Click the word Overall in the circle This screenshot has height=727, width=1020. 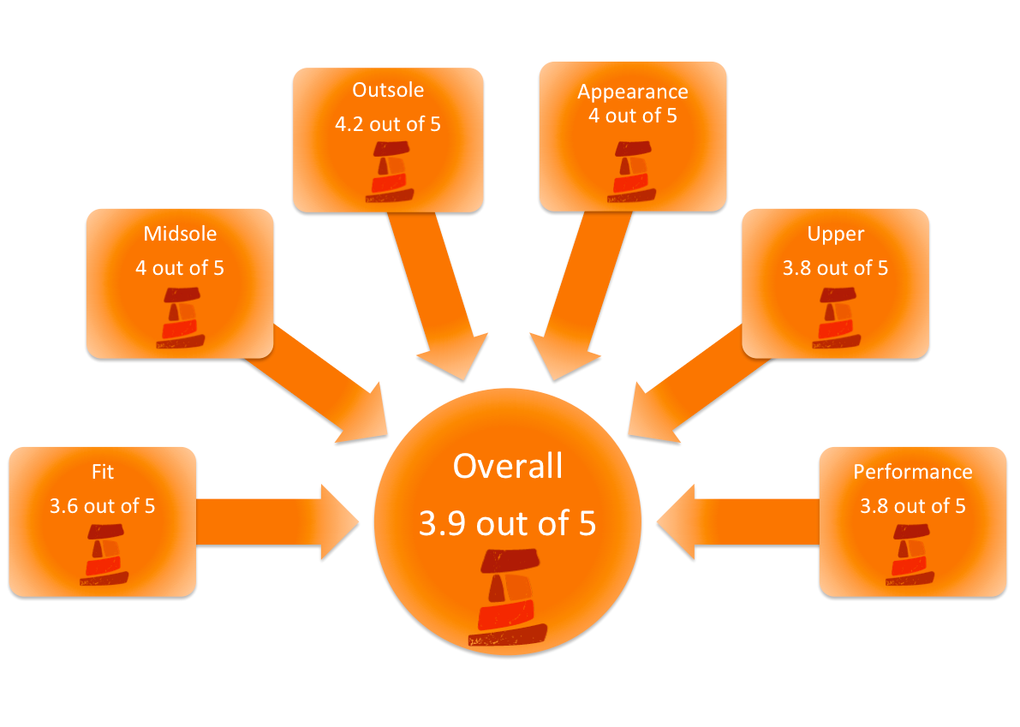point(508,467)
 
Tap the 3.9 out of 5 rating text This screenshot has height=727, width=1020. point(508,523)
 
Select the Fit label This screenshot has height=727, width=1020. point(102,472)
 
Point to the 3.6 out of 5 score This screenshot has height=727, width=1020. point(102,505)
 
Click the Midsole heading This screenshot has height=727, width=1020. point(180,234)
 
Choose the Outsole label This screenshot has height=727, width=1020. point(388,90)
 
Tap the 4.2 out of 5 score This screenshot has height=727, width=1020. point(388,123)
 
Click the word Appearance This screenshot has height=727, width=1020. point(632,92)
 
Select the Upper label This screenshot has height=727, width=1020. point(835,234)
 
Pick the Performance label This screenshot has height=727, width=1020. point(912,472)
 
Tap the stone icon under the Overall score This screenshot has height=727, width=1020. point(507,598)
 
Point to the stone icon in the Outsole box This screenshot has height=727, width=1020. point(390,172)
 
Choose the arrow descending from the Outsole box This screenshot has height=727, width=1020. point(437,291)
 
